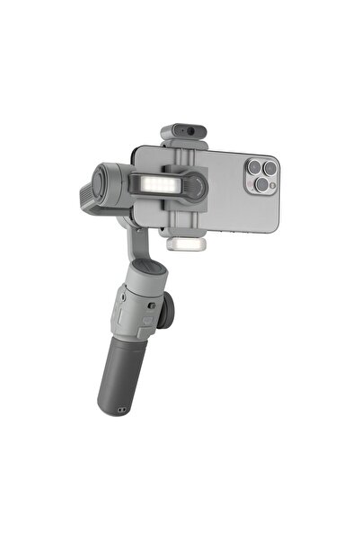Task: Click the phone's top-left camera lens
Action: pyautogui.click(x=253, y=167)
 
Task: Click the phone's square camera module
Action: pyautogui.click(x=260, y=175)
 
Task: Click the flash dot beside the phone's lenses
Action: pyautogui.click(x=272, y=185)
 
